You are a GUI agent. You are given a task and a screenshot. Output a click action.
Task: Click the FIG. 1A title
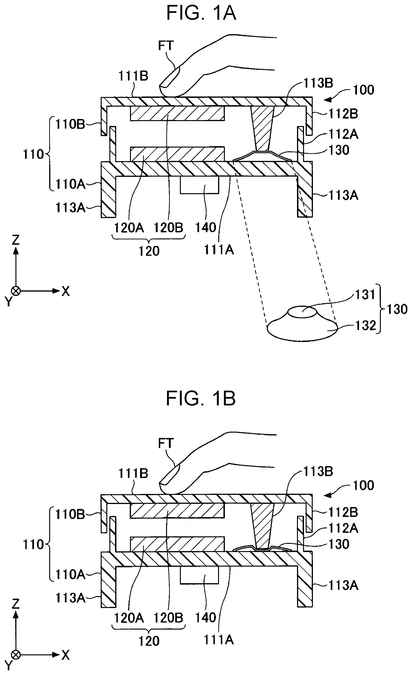coord(201,13)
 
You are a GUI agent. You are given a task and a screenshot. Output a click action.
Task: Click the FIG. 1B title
coord(201,399)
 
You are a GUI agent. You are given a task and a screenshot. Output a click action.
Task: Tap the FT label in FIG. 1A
coord(166,45)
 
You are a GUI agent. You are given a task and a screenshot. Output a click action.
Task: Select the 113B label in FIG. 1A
coord(318,83)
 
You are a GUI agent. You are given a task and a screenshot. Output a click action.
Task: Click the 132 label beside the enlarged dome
coord(365,326)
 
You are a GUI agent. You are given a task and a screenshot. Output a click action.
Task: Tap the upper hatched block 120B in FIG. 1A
coord(177,113)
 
